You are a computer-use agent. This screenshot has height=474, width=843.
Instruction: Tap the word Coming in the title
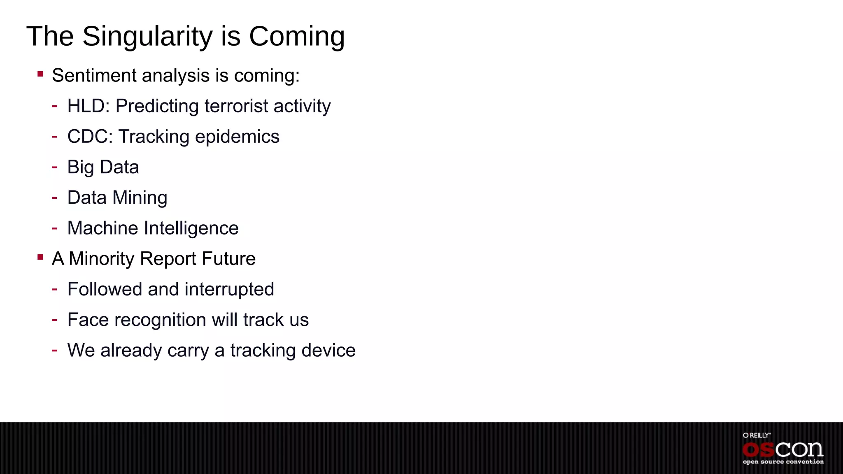pyautogui.click(x=296, y=36)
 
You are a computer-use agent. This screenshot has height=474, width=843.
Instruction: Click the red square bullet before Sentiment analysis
pyautogui.click(x=40, y=74)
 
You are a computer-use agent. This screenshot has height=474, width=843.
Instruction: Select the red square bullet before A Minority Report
pyautogui.click(x=40, y=258)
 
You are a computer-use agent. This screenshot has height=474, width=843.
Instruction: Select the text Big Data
pyautogui.click(x=103, y=167)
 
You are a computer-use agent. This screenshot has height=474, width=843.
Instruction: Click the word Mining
pyautogui.click(x=140, y=198)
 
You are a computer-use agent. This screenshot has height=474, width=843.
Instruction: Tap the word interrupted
pyautogui.click(x=229, y=289)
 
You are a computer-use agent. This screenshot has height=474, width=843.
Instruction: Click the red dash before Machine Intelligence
pyautogui.click(x=54, y=228)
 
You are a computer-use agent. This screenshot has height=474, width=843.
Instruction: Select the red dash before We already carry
pyautogui.click(x=54, y=350)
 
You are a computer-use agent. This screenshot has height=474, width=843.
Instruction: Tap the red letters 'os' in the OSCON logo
pyautogui.click(x=758, y=450)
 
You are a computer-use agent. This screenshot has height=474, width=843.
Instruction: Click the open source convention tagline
pyautogui.click(x=783, y=462)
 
